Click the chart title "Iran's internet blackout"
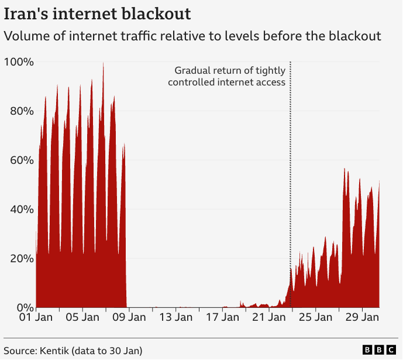coord(97,13)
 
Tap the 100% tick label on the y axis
coord(19,62)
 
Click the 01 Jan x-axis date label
coord(36,318)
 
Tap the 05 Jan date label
coord(82,318)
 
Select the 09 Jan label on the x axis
coord(129,318)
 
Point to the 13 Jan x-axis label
coord(176,318)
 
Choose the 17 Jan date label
coord(222,318)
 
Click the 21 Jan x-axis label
coord(269,318)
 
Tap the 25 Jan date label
coord(316,318)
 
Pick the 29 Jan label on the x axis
coord(362,318)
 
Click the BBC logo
coord(378,350)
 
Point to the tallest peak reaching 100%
coord(104,63)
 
